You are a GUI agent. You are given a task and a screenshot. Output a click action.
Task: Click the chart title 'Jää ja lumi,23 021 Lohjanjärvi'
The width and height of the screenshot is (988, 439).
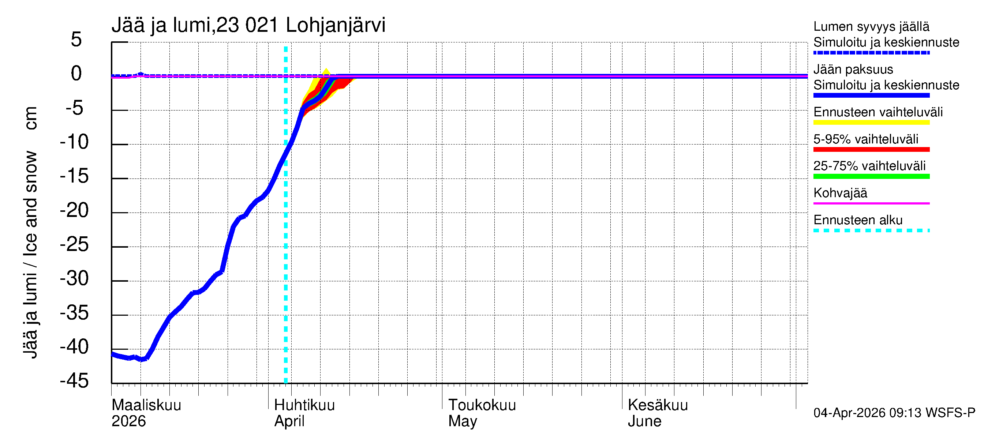(248, 25)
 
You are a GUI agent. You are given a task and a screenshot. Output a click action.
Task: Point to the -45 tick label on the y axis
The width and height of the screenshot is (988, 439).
(74, 381)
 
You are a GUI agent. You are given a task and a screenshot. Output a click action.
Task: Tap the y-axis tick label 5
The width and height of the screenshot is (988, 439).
(76, 40)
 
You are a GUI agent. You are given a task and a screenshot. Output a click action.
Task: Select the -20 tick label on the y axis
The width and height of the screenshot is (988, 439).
(74, 210)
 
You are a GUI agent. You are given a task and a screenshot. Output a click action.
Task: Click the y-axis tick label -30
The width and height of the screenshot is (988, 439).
(74, 279)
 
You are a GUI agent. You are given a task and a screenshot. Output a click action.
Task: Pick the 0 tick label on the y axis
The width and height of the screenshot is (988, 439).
(76, 74)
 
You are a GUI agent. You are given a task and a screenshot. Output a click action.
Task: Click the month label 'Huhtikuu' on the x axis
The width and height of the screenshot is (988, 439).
(304, 405)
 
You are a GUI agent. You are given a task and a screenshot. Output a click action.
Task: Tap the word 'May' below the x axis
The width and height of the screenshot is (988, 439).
(463, 421)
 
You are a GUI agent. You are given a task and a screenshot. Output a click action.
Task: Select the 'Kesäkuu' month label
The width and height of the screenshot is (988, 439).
(658, 405)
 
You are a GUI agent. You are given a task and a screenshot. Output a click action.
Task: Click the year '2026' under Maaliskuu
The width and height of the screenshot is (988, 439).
(128, 421)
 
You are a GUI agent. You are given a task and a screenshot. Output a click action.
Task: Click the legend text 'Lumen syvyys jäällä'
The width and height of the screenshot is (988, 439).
(871, 27)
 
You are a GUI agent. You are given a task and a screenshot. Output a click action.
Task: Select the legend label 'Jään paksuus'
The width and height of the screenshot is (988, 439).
(853, 70)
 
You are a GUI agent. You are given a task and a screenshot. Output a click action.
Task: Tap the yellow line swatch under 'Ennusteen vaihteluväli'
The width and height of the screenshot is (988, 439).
(871, 123)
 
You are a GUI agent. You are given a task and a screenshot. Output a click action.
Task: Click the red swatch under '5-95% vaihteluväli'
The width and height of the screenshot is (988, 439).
(871, 150)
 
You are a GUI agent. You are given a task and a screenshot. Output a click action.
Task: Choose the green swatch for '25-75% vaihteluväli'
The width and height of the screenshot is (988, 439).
(871, 176)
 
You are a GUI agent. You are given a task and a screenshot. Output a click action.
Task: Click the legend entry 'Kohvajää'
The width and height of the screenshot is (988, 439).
(840, 193)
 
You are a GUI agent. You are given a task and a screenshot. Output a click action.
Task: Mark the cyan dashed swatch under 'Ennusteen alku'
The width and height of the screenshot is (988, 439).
(871, 230)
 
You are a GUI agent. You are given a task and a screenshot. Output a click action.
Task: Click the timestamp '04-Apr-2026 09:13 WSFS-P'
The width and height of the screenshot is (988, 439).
(894, 413)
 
